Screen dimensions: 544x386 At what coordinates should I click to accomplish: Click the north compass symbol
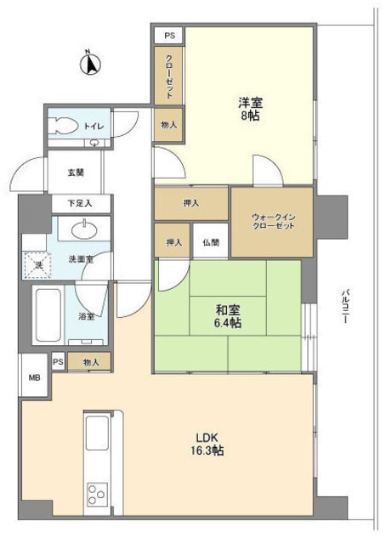pyautogui.click(x=91, y=63)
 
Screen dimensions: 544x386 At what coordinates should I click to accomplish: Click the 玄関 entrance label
pyautogui.click(x=76, y=173)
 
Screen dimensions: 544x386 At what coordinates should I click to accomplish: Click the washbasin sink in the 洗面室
pyautogui.click(x=83, y=229)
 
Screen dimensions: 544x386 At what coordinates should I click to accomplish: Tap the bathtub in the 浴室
pyautogui.click(x=48, y=311)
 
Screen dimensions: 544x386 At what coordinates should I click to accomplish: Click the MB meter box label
pyautogui.click(x=35, y=377)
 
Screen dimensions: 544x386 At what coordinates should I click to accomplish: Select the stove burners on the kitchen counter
pyautogui.click(x=95, y=493)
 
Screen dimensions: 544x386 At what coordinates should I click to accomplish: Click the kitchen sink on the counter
pyautogui.click(x=95, y=436)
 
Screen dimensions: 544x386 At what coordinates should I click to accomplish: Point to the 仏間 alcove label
pyautogui.click(x=210, y=242)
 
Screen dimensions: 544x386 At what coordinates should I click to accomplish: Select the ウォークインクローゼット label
pyautogui.click(x=272, y=224)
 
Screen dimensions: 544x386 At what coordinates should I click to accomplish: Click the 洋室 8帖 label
pyautogui.click(x=250, y=109)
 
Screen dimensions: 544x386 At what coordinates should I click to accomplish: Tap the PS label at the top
pyautogui.click(x=168, y=36)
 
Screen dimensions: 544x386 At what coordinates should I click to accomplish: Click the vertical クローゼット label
pyautogui.click(x=168, y=74)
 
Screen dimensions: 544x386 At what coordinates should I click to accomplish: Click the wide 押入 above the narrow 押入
pyautogui.click(x=191, y=204)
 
